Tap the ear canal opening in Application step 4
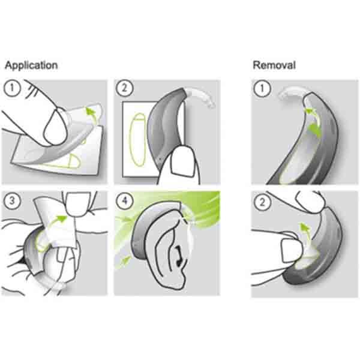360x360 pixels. (x=180, y=259)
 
